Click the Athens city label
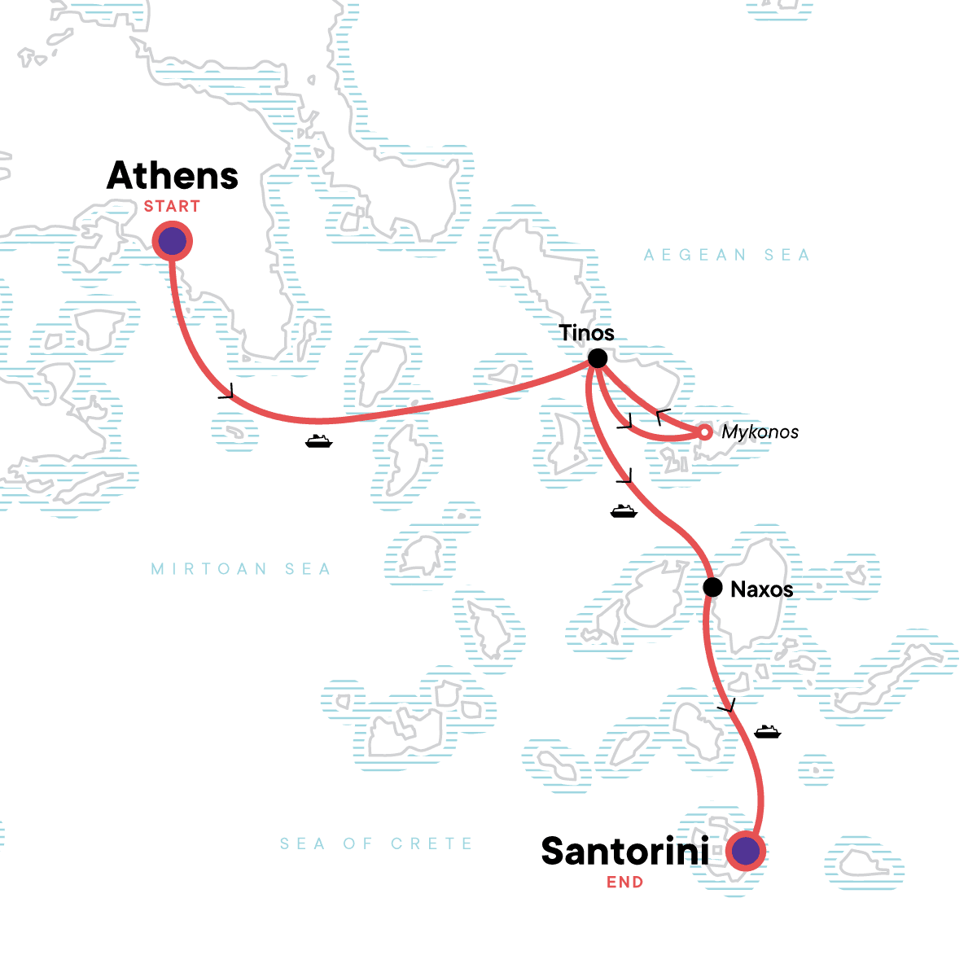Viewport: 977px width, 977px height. coord(173,176)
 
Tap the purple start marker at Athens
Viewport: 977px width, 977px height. coord(172,242)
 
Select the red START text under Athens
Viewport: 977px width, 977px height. coord(172,207)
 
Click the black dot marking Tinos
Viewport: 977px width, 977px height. coord(598,358)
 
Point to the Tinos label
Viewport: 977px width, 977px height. coord(586,333)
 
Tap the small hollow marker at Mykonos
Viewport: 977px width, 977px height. coord(705,432)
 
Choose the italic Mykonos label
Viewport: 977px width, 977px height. coord(760,432)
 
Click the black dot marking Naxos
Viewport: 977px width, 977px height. coord(712,587)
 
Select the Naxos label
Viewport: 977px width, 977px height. coord(761,589)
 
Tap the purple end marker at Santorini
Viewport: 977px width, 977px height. coord(747,852)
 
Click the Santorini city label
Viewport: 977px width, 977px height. coord(624,852)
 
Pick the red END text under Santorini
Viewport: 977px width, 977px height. coord(624,883)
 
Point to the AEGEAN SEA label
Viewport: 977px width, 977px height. coord(726,256)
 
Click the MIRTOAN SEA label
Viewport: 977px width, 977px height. coord(241,569)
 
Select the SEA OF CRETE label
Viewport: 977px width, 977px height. coord(376,844)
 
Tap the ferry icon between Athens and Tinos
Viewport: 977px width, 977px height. coord(318,441)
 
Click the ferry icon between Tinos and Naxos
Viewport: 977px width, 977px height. coord(623,510)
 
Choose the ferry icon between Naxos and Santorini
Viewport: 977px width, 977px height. coord(767,731)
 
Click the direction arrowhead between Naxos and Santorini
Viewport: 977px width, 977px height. coord(727,705)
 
